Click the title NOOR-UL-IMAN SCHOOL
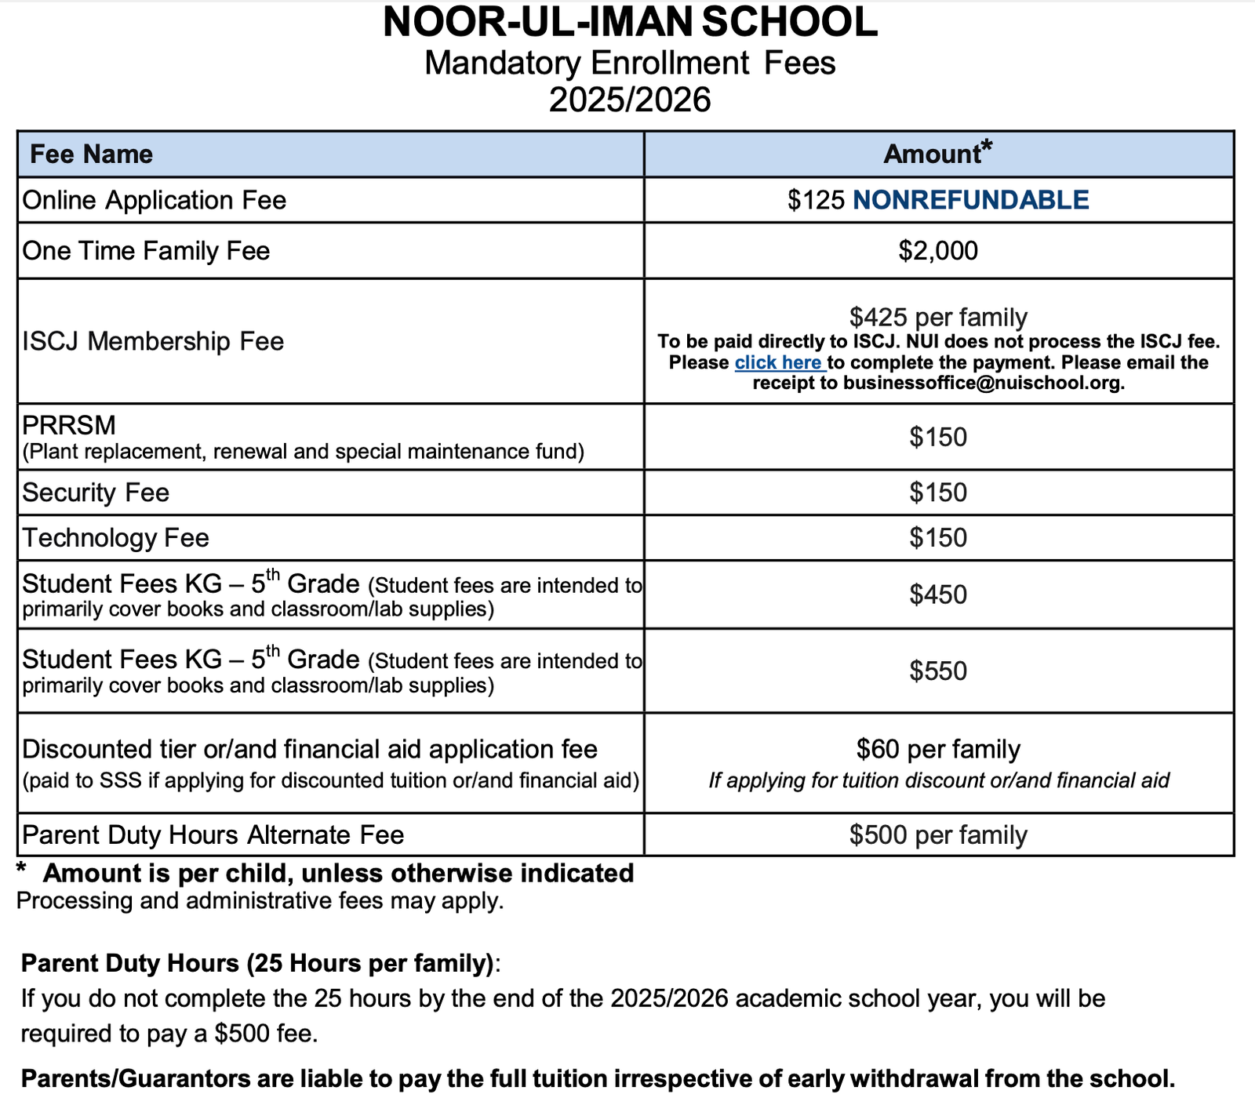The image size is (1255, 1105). point(630,22)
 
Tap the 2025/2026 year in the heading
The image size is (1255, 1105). point(630,100)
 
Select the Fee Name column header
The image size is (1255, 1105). point(91,154)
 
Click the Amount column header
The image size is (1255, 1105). point(933,154)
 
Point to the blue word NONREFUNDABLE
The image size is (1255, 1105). point(970,200)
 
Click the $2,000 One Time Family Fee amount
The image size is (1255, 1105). point(938,251)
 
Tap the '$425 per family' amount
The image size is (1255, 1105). point(938,317)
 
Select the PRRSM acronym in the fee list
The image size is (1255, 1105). point(69,425)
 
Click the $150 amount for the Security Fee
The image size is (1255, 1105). point(938,493)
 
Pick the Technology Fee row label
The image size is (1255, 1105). point(115,538)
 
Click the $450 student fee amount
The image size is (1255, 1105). point(938,594)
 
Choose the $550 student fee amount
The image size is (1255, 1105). point(938,671)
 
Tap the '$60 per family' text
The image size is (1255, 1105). point(938,749)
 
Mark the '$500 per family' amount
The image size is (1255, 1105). point(938,834)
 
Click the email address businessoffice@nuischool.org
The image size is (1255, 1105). point(984,383)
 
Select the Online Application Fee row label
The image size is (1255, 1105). point(154,200)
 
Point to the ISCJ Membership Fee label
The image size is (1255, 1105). point(153,341)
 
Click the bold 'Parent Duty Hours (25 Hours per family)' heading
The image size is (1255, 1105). point(257,963)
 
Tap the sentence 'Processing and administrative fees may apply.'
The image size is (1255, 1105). point(260,901)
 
